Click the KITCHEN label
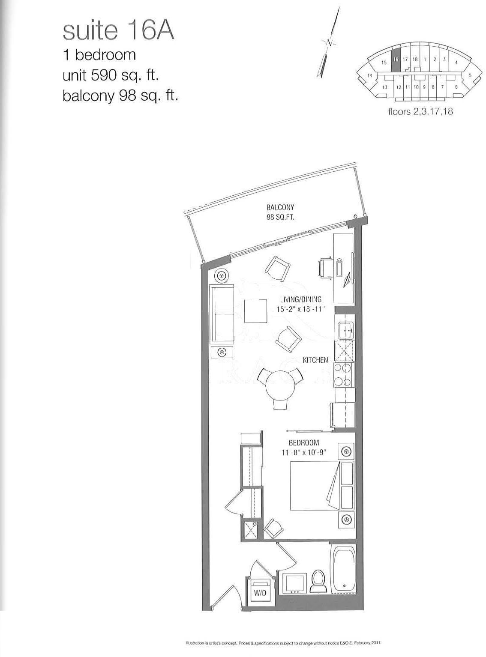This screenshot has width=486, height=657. [315, 360]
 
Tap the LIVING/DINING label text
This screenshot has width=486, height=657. [301, 300]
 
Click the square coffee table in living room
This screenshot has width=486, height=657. [255, 311]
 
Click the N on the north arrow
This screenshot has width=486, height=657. [329, 43]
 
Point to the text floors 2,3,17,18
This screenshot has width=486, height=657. [421, 112]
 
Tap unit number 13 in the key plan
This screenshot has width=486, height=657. [384, 87]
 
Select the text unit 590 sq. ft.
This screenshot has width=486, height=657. [110, 76]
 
